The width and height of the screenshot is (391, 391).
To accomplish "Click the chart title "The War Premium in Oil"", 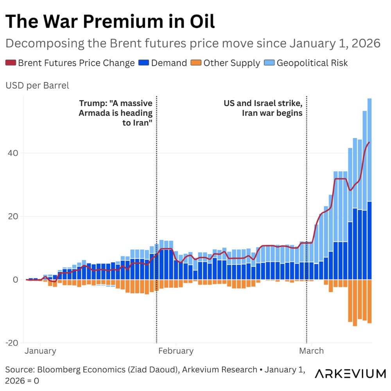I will coord(110,22).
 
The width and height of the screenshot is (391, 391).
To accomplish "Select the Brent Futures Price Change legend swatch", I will coord(11,63).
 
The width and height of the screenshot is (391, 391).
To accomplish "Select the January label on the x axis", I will coord(40,351).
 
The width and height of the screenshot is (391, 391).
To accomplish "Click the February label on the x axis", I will coord(176,351).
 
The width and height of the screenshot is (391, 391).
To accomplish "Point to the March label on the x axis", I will coord(311,351).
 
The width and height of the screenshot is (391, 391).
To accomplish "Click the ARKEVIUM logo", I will coord(350,373).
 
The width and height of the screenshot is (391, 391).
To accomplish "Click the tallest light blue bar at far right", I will coord(369,149).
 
